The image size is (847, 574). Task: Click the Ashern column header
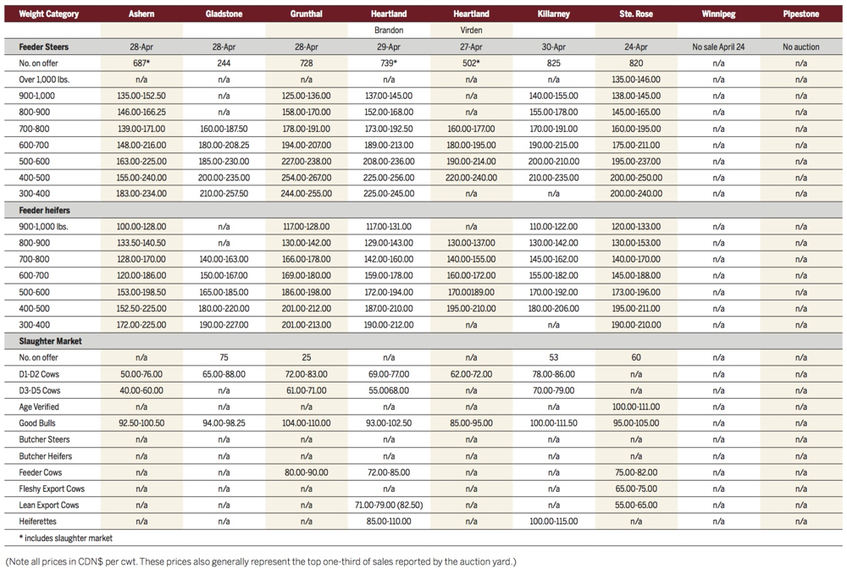pyautogui.click(x=141, y=14)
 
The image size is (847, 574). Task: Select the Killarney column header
pyautogui.click(x=553, y=14)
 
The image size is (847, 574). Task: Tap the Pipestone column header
pyautogui.click(x=800, y=14)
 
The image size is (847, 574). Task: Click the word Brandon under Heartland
pyautogui.click(x=388, y=30)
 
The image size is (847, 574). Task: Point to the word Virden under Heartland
pyautogui.click(x=471, y=30)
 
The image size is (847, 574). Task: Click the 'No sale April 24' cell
pyautogui.click(x=718, y=47)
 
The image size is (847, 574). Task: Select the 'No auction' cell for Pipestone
pyautogui.click(x=800, y=47)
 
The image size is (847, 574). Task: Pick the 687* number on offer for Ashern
pyautogui.click(x=141, y=63)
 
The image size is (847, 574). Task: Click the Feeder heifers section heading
pyautogui.click(x=46, y=211)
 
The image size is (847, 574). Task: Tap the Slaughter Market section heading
pyautogui.click(x=49, y=341)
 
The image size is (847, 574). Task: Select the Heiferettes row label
pyautogui.click(x=38, y=522)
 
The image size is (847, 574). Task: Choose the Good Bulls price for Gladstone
pyautogui.click(x=224, y=423)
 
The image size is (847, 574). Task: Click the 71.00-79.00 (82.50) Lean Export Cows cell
pyautogui.click(x=388, y=505)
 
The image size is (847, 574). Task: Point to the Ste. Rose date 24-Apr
pyautogui.click(x=636, y=47)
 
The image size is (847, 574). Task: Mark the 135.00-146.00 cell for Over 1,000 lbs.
pyautogui.click(x=636, y=80)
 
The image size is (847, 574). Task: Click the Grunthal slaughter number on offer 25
pyautogui.click(x=306, y=358)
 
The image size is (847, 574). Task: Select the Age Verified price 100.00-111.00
pyautogui.click(x=636, y=407)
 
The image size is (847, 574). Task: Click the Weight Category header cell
pyautogui.click(x=49, y=14)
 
